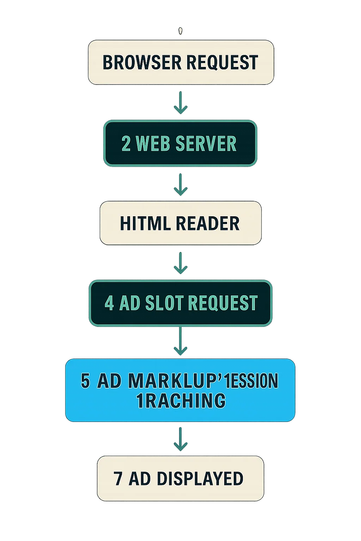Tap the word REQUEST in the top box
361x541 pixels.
(222, 62)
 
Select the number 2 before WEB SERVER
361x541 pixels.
(126, 144)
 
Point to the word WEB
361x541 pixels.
(152, 144)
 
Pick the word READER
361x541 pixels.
(207, 223)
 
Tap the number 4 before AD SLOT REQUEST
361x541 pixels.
(109, 303)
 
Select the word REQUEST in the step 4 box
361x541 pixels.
(222, 303)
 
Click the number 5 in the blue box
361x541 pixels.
(85, 381)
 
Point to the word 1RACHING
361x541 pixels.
(181, 400)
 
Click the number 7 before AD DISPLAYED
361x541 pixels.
(118, 479)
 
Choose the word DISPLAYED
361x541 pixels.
(200, 479)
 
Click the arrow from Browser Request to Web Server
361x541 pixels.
(180, 102)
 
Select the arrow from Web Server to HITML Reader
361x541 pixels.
(180, 184)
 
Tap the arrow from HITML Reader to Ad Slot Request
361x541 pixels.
(180, 263)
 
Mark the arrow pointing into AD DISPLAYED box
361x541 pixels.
(180, 439)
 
